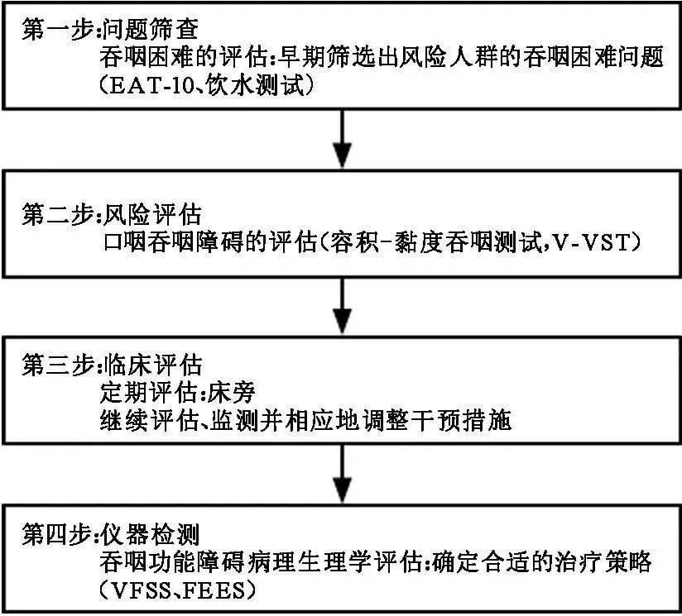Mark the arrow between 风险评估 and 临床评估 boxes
[341, 304]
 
